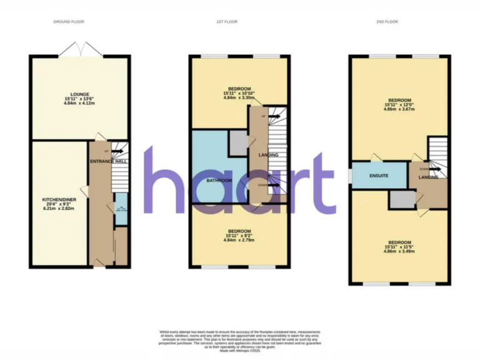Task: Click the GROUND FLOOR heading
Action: click(64, 22)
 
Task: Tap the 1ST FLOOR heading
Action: click(224, 22)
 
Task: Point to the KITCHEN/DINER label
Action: click(59, 199)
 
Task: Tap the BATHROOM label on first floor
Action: click(219, 181)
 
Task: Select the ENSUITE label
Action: click(379, 176)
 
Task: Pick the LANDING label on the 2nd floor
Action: click(429, 177)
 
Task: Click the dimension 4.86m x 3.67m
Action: click(399, 109)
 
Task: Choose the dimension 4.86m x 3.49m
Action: click(399, 250)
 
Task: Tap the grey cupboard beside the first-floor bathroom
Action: click(238, 142)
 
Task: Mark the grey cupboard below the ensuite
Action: click(402, 199)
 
